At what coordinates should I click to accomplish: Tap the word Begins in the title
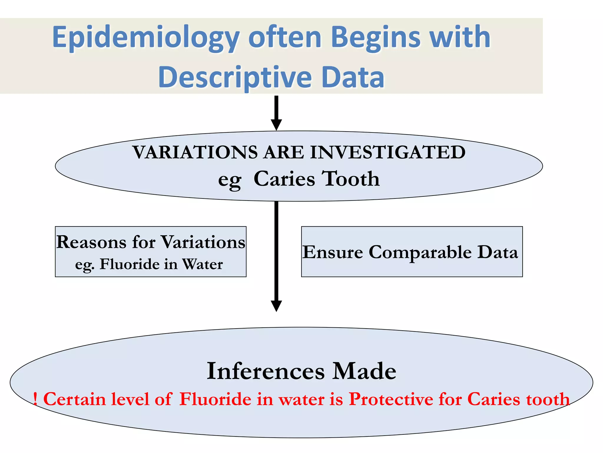coord(376,37)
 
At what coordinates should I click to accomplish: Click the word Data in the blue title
coord(353,77)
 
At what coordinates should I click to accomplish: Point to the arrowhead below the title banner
coord(276,124)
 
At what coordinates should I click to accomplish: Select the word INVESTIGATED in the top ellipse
coord(388,152)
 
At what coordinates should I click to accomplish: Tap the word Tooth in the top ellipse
coord(350,179)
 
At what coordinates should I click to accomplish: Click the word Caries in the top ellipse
coord(284,179)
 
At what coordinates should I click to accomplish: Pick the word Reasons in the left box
coord(91,242)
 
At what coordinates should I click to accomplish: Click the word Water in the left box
coord(202,264)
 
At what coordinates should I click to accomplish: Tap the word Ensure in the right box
coord(333,252)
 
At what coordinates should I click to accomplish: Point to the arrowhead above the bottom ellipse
coord(276,306)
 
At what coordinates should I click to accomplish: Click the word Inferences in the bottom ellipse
coord(266,371)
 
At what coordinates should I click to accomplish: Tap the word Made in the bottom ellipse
coord(364,371)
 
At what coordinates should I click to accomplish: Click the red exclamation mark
coord(35,399)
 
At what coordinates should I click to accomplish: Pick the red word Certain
coord(74,399)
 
